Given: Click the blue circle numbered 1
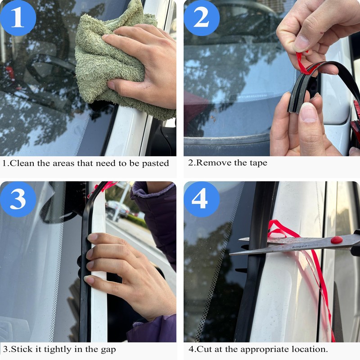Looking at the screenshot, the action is pyautogui.click(x=18, y=18).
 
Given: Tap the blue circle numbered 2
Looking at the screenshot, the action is pyautogui.click(x=202, y=18).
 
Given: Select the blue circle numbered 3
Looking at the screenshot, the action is pyautogui.click(x=18, y=199).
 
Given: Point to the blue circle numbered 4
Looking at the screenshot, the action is pyautogui.click(x=202, y=199).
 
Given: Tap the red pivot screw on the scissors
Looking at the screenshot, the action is pyautogui.click(x=337, y=240).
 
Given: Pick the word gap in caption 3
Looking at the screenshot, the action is pyautogui.click(x=108, y=350).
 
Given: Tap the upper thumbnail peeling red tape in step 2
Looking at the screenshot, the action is pyautogui.click(x=301, y=43).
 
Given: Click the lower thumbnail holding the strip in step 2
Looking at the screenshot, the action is pyautogui.click(x=308, y=112).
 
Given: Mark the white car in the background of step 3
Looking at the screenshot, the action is pyautogui.click(x=118, y=208).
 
